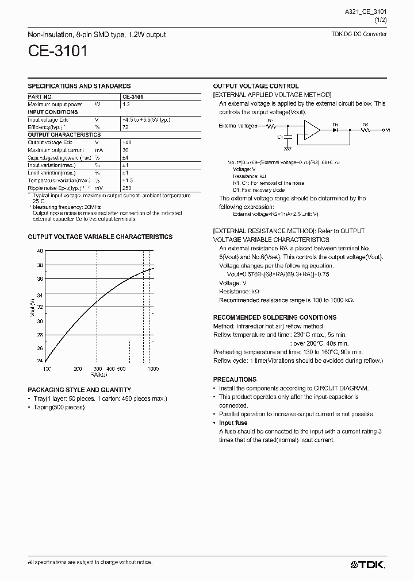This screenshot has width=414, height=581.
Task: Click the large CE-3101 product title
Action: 58,52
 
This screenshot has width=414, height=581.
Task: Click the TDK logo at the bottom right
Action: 368,564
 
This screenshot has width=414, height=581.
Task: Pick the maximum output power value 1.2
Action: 126,104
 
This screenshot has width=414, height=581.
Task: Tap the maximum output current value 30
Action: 126,149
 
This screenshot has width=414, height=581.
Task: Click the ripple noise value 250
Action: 128,187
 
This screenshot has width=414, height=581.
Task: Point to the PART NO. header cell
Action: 40,97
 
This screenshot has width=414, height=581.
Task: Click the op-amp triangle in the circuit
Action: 312,131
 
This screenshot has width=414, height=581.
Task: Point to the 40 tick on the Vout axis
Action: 40,251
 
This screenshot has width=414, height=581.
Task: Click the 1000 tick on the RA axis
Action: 153,368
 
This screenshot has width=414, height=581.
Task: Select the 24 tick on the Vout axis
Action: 40,361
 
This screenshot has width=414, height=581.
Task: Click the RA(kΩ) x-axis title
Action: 99,374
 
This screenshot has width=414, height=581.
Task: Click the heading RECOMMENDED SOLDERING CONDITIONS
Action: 274,317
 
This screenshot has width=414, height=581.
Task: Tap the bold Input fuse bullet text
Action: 233,423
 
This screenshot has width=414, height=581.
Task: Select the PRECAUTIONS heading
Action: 235,379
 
